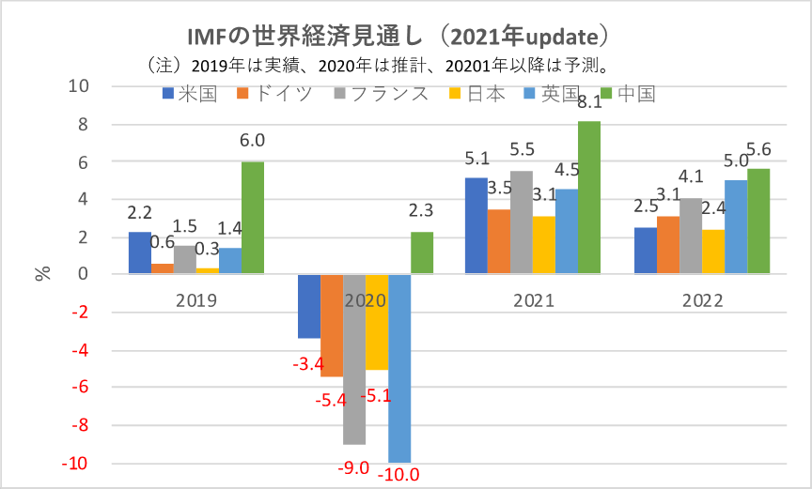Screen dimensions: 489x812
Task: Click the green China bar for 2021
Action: coord(589,198)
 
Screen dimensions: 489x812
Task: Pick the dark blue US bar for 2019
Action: coord(139,253)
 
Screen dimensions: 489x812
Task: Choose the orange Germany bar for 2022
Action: coord(668,246)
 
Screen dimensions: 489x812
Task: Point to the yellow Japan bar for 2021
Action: coord(544,246)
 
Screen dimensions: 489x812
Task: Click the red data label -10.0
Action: coord(398,474)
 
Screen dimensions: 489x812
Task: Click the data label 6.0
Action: coord(253,142)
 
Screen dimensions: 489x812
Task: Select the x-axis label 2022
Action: coord(702,301)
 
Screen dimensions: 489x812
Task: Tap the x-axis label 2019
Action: coord(196,301)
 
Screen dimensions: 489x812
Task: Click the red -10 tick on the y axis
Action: coord(74,464)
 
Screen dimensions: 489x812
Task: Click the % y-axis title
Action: coord(42,275)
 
